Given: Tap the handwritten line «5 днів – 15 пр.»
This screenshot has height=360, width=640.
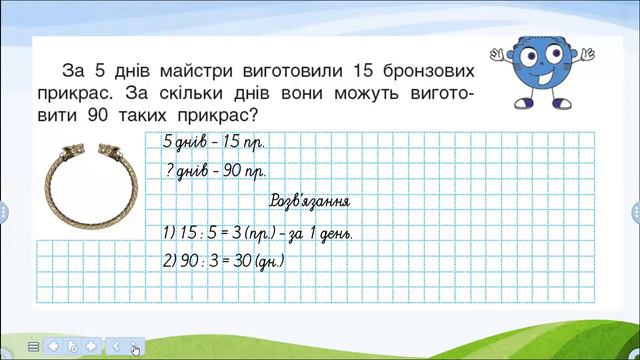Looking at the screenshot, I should click(x=214, y=141).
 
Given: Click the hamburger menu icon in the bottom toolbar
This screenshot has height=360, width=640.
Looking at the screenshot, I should click(x=34, y=346).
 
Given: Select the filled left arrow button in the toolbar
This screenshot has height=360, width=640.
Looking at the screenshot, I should click(x=53, y=346).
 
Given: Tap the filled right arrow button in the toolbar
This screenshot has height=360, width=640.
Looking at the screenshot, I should click(x=91, y=346).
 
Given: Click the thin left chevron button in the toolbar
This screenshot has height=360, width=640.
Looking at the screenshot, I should click(x=116, y=346).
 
